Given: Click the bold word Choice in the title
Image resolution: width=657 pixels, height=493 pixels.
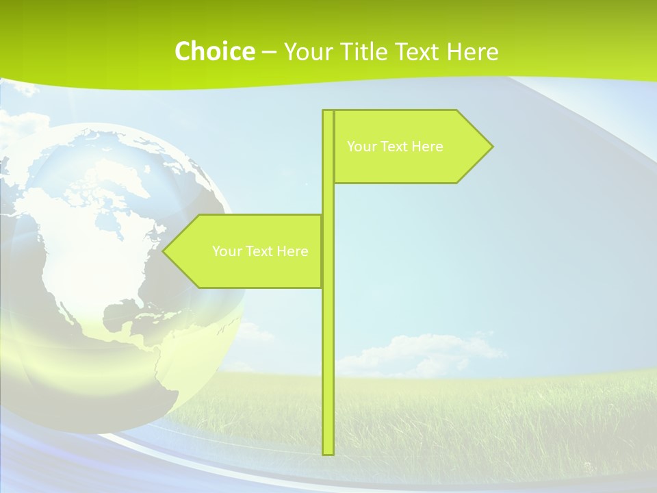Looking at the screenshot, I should (x=214, y=51).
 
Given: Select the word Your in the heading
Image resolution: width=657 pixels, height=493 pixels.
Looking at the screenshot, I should (x=307, y=51).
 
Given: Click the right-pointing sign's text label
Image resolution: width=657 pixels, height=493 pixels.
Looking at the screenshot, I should (x=395, y=147).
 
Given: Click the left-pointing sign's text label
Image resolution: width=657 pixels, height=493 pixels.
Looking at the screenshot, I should (x=260, y=251).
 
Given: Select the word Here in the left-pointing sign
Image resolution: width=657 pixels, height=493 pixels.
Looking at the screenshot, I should (x=293, y=251).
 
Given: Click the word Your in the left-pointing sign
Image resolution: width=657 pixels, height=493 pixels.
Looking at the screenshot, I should (x=226, y=251).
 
